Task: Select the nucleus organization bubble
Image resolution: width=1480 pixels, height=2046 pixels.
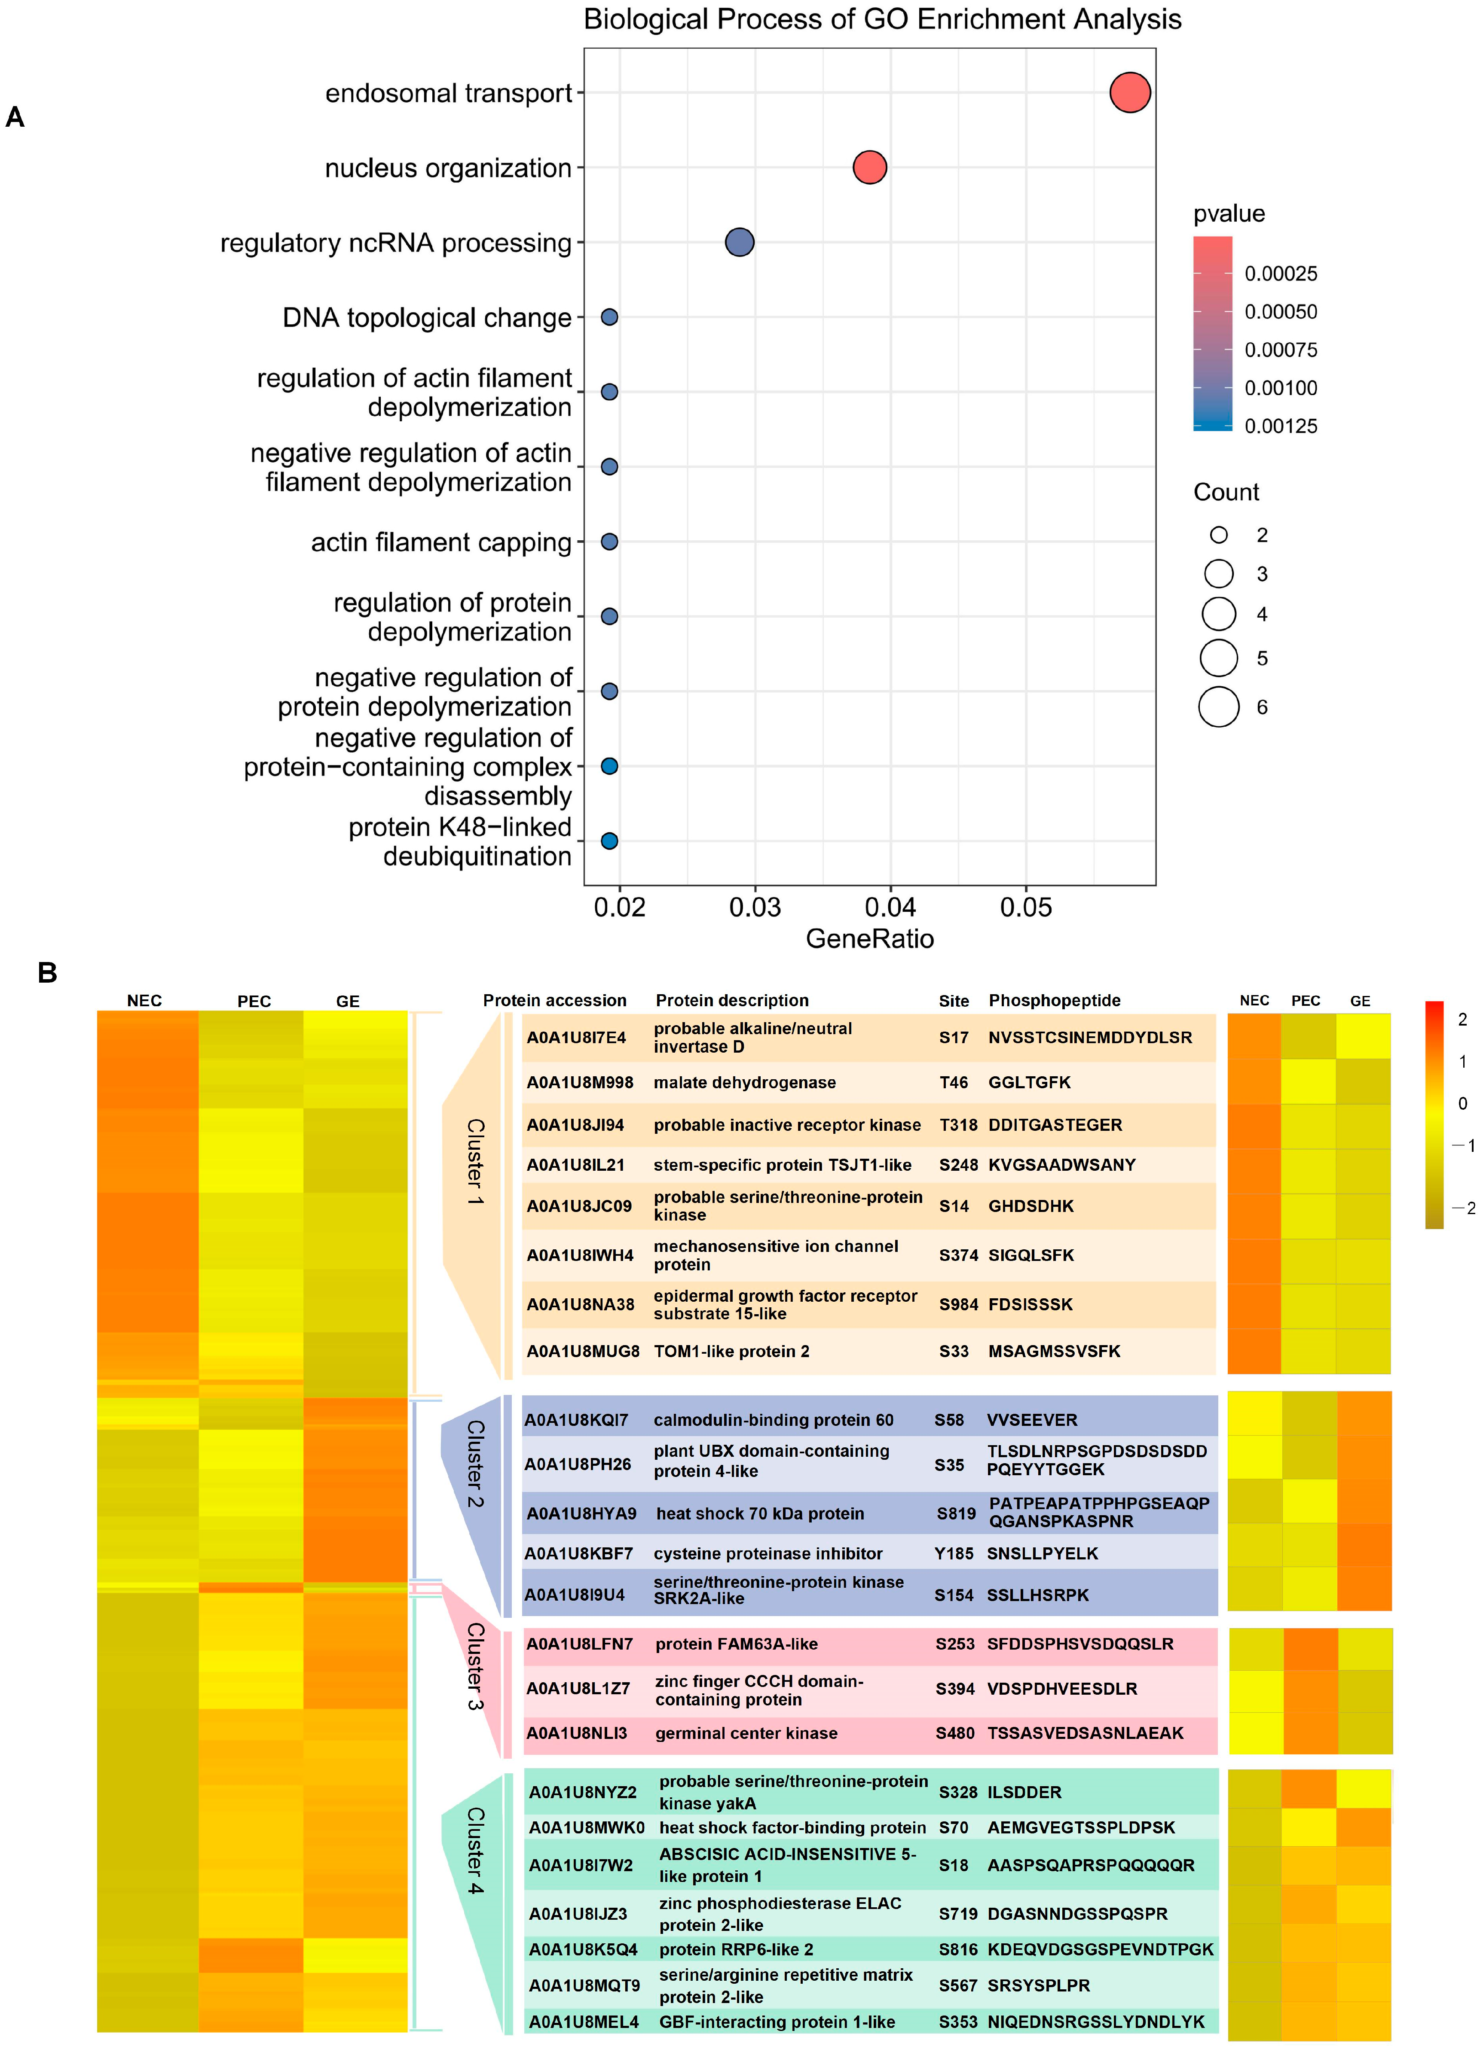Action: coord(869,167)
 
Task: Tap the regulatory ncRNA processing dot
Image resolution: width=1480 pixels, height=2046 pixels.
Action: coord(739,242)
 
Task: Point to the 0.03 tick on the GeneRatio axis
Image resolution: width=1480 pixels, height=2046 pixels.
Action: coord(755,907)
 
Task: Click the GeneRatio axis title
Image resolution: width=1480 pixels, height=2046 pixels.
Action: coord(869,939)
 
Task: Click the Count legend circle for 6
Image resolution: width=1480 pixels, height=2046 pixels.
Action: coord(1218,706)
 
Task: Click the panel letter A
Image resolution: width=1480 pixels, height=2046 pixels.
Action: coord(15,117)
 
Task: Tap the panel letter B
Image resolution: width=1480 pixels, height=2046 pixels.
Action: coord(47,972)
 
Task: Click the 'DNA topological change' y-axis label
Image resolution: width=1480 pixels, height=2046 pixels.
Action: coord(427,317)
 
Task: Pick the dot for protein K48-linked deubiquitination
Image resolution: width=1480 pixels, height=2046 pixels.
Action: coord(609,841)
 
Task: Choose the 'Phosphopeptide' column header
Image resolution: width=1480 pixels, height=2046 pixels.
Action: coord(1054,1000)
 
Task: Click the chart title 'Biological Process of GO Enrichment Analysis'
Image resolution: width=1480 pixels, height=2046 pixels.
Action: coord(882,20)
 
